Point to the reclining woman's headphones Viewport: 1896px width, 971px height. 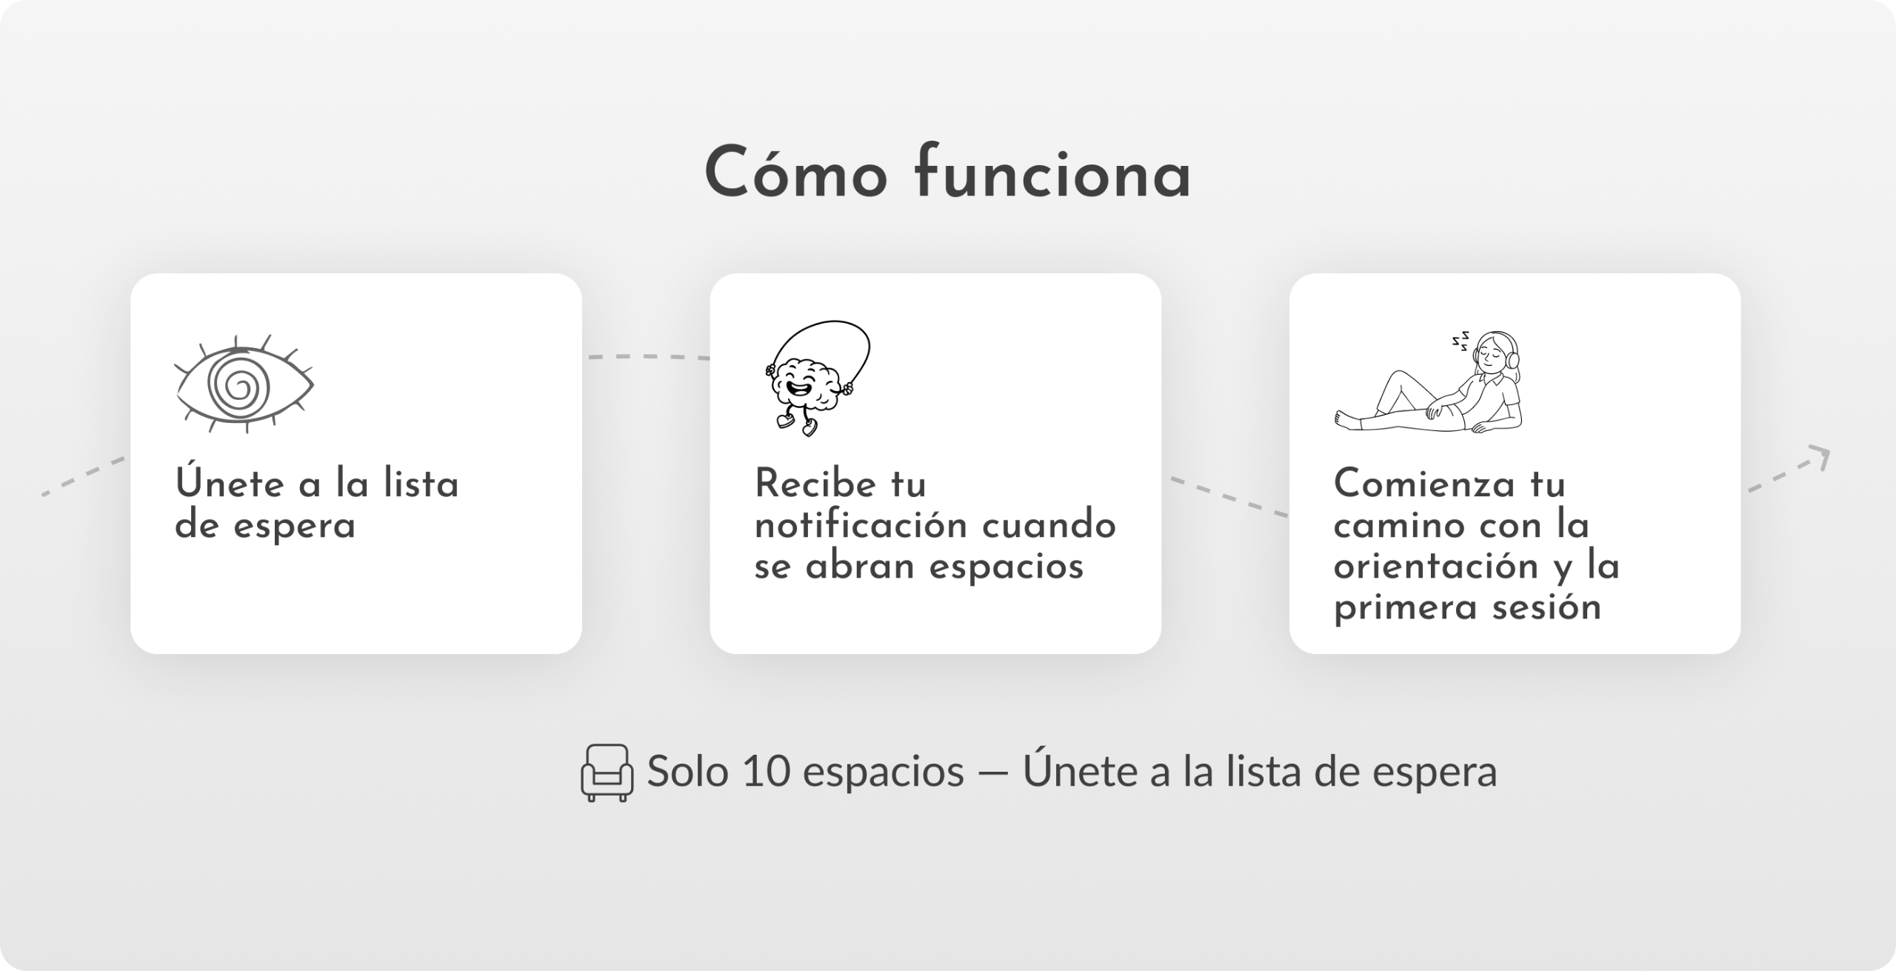tap(1512, 354)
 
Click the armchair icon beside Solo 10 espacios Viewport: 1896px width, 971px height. tap(607, 773)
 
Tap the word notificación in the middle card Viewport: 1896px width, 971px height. tap(861, 526)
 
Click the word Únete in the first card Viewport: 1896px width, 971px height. tap(229, 485)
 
